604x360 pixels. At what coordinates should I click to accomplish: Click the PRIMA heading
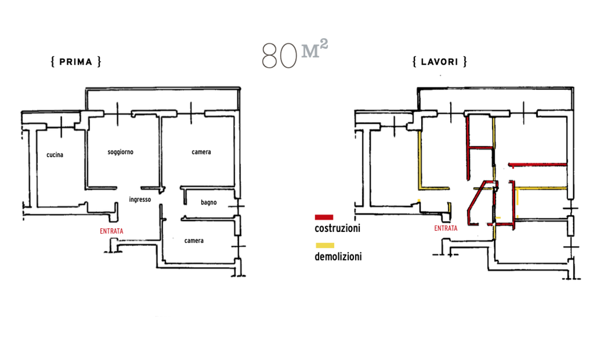76,61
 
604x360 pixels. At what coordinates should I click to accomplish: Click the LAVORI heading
440,61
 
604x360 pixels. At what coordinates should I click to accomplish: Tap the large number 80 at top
280,56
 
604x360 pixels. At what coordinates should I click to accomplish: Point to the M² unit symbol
315,49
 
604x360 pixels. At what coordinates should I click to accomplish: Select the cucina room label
55,155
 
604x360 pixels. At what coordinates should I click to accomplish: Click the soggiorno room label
121,152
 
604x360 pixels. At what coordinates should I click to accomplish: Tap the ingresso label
140,200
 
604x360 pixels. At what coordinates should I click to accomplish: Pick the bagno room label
209,203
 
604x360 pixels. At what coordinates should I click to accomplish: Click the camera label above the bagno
201,152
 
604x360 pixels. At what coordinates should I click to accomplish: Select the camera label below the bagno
194,241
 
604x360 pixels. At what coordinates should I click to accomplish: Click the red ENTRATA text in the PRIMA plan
111,231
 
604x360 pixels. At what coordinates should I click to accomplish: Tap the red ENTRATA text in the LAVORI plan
446,228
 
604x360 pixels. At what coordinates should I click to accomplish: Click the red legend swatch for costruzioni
324,217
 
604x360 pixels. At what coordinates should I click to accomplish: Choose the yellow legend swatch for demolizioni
325,245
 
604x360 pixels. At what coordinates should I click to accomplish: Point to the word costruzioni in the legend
337,228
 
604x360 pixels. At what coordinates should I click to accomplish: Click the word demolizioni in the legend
338,257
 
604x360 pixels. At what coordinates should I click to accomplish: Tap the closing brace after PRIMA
99,61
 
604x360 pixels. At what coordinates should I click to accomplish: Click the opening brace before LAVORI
415,61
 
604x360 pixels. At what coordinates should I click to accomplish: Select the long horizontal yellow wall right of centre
541,188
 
